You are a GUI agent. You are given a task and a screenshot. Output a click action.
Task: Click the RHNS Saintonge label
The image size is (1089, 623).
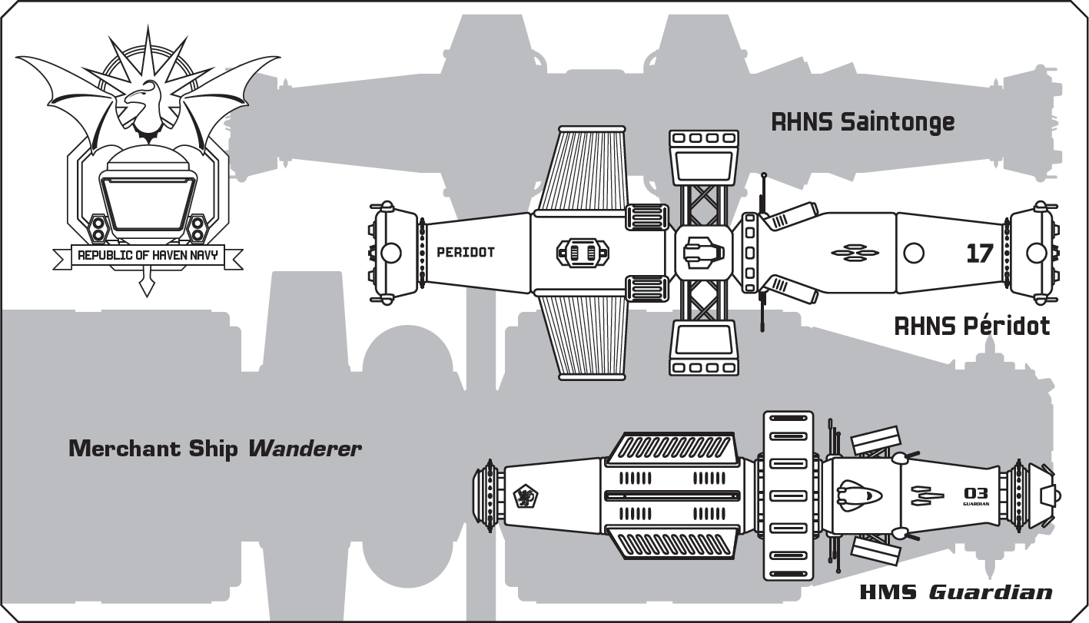[862, 122]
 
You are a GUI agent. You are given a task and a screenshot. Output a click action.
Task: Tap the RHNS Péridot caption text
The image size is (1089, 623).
[971, 326]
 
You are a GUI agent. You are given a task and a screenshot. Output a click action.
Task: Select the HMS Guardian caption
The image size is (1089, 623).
[955, 592]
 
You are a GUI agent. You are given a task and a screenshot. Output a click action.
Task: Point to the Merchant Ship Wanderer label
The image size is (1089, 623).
[214, 449]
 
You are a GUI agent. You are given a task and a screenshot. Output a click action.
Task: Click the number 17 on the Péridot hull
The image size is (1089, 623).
[979, 253]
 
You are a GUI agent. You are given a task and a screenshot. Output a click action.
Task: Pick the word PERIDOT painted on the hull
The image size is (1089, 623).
[465, 252]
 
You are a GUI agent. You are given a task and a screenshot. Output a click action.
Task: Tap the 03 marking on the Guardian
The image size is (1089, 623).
[975, 493]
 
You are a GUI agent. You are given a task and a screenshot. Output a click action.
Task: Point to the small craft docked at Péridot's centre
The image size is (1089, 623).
[702, 252]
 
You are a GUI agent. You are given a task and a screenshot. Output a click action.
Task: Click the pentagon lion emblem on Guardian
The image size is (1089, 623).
[526, 497]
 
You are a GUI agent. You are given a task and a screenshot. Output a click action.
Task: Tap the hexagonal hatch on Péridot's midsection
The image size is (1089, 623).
[582, 252]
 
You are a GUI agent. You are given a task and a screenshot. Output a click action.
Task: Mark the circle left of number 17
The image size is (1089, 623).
[913, 253]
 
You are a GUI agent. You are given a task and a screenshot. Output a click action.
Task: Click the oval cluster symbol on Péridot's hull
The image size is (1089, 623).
[855, 253]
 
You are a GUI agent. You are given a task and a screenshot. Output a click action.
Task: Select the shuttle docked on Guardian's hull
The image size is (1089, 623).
[858, 495]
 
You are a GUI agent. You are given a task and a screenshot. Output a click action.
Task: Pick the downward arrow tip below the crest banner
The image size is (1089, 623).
[144, 289]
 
